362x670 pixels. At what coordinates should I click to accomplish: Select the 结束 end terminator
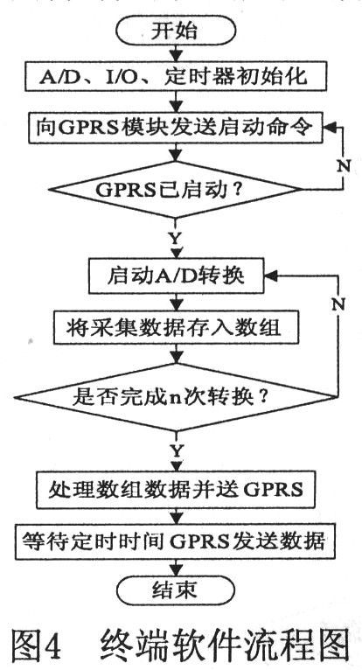176,590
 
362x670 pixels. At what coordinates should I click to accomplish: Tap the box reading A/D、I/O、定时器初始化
176,77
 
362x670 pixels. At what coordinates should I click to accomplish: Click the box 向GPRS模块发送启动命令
176,129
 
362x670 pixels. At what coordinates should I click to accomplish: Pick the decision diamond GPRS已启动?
176,190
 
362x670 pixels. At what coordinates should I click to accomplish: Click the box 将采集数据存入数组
176,328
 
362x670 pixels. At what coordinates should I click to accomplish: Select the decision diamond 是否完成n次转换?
176,398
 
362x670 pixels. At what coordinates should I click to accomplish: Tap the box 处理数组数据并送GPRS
176,489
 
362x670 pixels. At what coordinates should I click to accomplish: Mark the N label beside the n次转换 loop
338,304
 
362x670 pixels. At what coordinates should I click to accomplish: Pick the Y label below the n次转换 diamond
176,450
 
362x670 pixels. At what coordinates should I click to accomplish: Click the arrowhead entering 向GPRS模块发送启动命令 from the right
329,128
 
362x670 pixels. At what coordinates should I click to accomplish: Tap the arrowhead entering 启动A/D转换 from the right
270,276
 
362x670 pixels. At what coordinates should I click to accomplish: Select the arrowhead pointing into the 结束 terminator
176,571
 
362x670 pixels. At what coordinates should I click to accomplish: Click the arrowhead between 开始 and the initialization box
176,56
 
